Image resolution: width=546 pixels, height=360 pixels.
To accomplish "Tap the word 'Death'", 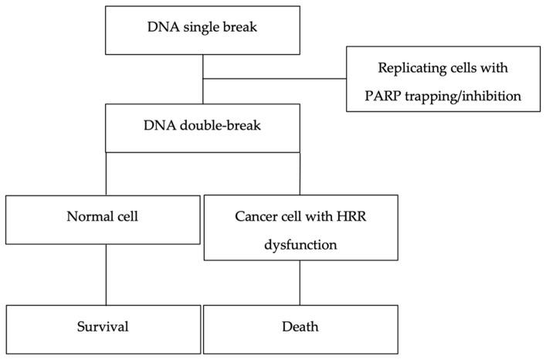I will click(300, 326).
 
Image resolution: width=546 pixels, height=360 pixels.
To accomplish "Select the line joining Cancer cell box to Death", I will click(300, 282).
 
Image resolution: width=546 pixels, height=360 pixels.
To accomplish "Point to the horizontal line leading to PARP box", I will click(274, 79).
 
